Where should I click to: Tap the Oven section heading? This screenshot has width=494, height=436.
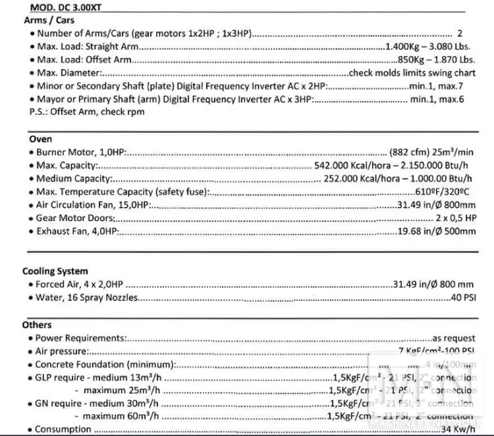(x=40, y=138)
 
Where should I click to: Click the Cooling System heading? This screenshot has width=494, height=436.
(x=55, y=271)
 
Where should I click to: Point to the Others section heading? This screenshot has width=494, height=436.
(x=37, y=325)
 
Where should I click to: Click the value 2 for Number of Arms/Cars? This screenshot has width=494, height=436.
(x=460, y=33)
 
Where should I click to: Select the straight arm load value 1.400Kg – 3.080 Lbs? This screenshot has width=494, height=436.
(x=431, y=46)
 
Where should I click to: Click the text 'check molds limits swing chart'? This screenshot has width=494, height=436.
(x=412, y=73)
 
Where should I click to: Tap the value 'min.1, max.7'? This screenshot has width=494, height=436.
(x=443, y=86)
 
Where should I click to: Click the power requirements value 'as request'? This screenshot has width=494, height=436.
(x=454, y=338)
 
